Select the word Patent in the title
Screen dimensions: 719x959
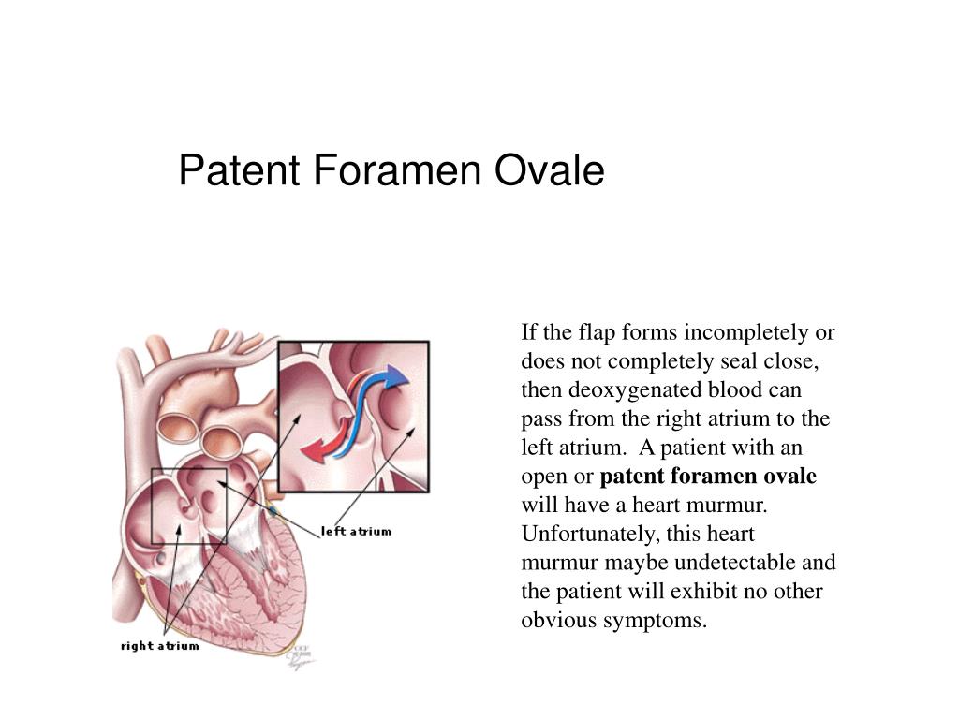coord(238,171)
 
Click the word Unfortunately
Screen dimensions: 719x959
coord(586,534)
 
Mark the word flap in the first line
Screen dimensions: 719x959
coord(593,332)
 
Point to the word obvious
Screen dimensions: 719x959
coord(556,620)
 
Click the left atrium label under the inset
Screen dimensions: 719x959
coord(356,532)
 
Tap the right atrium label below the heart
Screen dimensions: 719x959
coord(159,646)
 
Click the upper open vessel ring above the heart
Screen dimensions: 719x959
coord(178,425)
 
